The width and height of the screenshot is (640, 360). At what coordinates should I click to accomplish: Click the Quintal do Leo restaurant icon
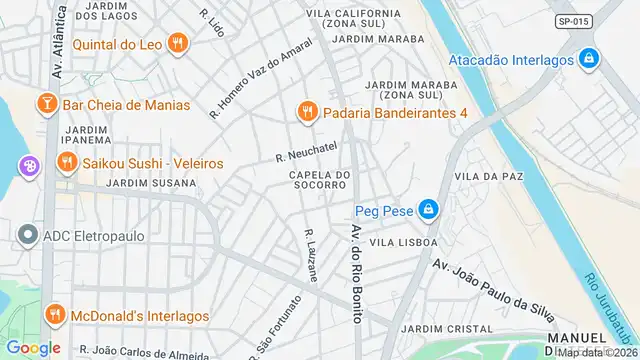pyautogui.click(x=178, y=42)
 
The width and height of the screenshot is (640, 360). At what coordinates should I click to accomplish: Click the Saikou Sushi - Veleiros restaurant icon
pyautogui.click(x=66, y=162)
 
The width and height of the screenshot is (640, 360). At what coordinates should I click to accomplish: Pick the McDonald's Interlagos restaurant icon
pyautogui.click(x=54, y=315)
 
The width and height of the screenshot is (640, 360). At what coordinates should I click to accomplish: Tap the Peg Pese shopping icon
pyautogui.click(x=428, y=209)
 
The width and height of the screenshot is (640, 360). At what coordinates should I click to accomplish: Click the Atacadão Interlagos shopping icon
pyautogui.click(x=590, y=59)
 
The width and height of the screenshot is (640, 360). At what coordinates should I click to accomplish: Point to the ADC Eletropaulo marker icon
pyautogui.click(x=27, y=236)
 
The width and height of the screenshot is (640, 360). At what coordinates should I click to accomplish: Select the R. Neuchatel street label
pyautogui.click(x=306, y=152)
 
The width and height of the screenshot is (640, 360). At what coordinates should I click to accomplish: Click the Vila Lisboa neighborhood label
pyautogui.click(x=404, y=242)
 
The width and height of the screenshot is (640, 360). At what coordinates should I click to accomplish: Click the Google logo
pyautogui.click(x=33, y=347)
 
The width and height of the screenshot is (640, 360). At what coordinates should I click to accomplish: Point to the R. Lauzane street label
pyautogui.click(x=311, y=255)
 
